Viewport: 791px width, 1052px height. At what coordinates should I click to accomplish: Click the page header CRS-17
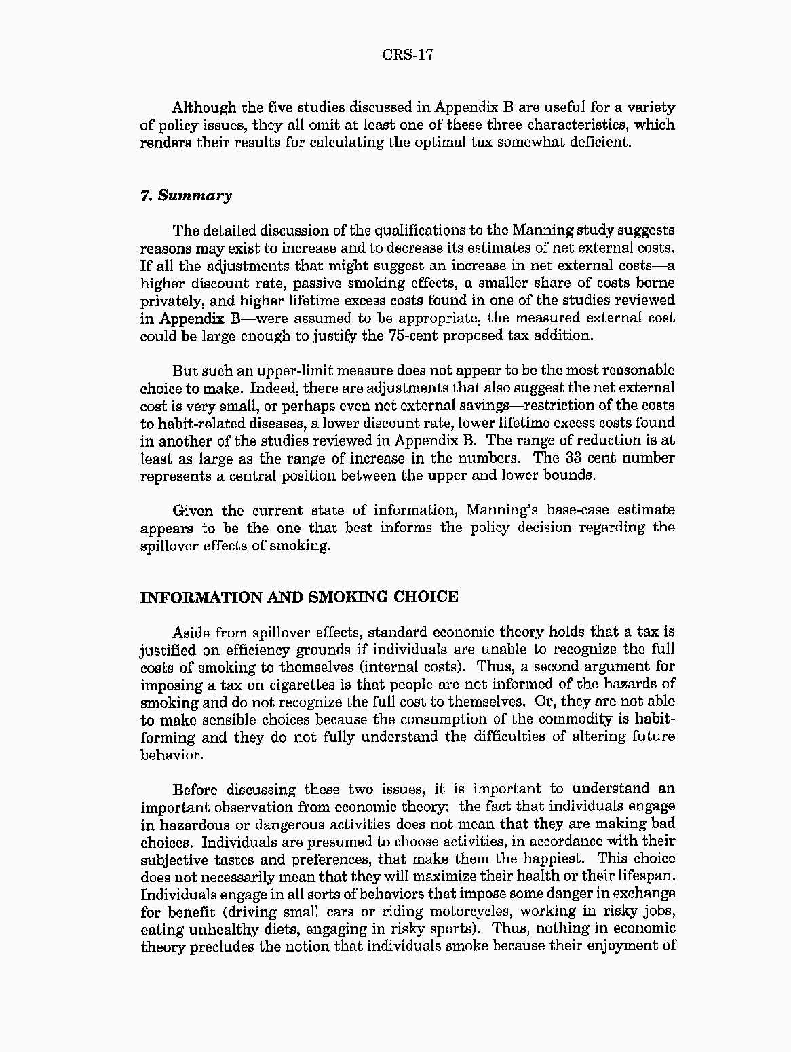point(407,55)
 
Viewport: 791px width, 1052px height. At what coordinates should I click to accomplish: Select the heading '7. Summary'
point(186,196)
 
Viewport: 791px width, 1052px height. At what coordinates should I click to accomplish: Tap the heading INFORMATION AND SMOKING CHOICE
point(299,597)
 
